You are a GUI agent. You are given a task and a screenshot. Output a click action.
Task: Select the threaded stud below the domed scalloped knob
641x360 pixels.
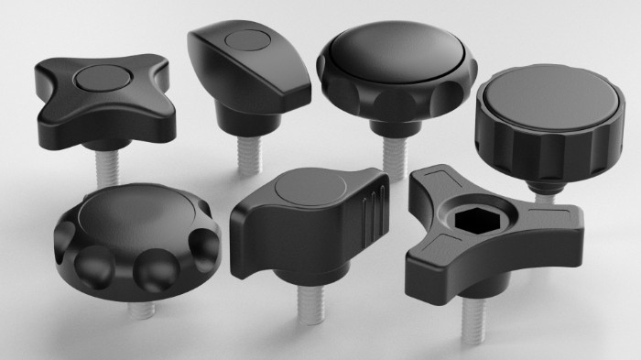[389, 149]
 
